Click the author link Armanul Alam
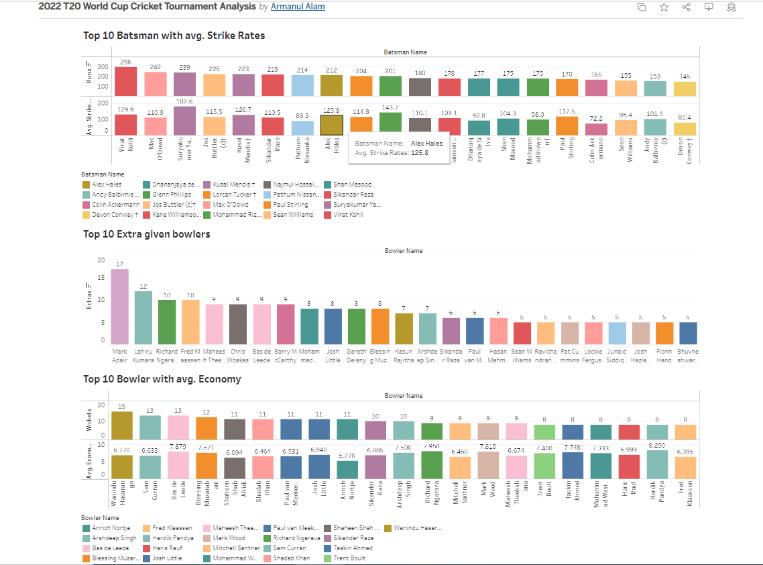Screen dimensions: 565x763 click(x=298, y=7)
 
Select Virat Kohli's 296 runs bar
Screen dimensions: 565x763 click(x=126, y=81)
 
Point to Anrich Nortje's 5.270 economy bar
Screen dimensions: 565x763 click(x=347, y=469)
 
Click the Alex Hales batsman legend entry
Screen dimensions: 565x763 click(x=107, y=185)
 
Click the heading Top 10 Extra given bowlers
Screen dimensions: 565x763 click(x=146, y=234)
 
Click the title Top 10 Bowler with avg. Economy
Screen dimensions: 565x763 click(x=162, y=379)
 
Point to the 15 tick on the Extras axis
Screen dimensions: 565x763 click(x=101, y=278)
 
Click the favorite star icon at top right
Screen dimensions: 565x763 click(x=664, y=7)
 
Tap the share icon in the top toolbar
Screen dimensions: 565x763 click(x=686, y=7)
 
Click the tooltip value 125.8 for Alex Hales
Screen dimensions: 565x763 click(x=420, y=152)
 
